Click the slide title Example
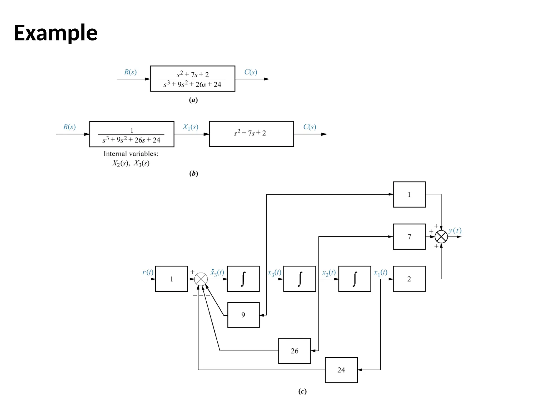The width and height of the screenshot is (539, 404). click(56, 33)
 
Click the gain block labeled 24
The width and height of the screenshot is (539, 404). click(341, 370)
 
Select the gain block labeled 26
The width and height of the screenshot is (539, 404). click(295, 351)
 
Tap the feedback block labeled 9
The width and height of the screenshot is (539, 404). click(243, 315)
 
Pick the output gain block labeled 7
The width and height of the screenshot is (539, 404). click(409, 237)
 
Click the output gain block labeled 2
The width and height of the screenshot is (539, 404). click(409, 279)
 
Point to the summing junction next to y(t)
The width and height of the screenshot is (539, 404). click(441, 237)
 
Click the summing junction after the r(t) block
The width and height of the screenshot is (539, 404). click(201, 279)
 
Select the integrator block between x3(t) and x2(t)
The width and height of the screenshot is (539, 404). click(300, 279)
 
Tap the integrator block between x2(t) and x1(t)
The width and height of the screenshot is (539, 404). click(355, 279)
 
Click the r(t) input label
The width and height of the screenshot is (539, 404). click(148, 272)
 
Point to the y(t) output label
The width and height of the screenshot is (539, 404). click(455, 230)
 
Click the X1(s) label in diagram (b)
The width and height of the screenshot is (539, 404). click(191, 127)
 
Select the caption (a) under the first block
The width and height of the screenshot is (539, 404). click(193, 100)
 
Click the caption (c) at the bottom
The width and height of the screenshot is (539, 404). click(302, 391)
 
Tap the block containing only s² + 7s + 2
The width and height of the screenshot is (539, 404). click(251, 134)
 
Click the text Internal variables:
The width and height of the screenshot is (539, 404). click(131, 154)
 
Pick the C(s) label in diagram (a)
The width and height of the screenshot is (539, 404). click(251, 72)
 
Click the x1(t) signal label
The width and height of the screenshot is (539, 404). click(381, 272)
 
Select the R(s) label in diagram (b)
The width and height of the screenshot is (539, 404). click(69, 127)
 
